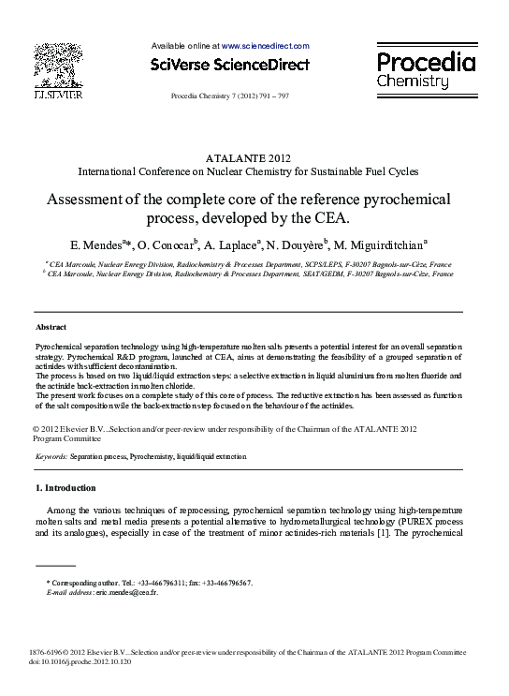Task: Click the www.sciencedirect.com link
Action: (266, 45)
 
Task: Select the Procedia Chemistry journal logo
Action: (426, 70)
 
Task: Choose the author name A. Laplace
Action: (233, 245)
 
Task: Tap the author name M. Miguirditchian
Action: (384, 245)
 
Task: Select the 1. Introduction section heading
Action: (65, 488)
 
